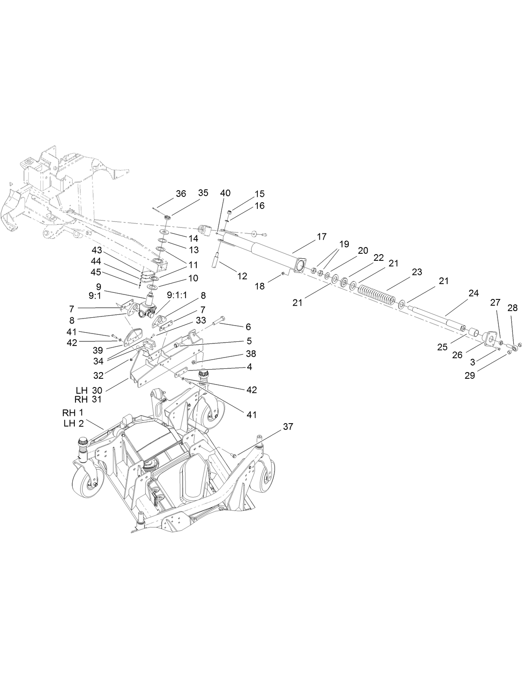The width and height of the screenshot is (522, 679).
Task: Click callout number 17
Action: point(321,237)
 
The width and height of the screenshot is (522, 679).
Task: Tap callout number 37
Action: point(288,427)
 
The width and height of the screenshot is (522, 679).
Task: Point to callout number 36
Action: point(181,194)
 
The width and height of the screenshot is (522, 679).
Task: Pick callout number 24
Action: point(473,293)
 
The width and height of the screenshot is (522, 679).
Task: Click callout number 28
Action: point(512,308)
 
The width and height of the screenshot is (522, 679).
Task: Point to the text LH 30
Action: point(89,390)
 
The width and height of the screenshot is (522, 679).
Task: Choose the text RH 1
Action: point(73,413)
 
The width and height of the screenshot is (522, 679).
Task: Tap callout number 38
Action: point(250,354)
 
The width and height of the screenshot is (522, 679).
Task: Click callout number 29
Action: point(470,375)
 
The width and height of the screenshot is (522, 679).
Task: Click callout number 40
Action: point(225,193)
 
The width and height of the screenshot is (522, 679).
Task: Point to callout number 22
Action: point(378,257)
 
